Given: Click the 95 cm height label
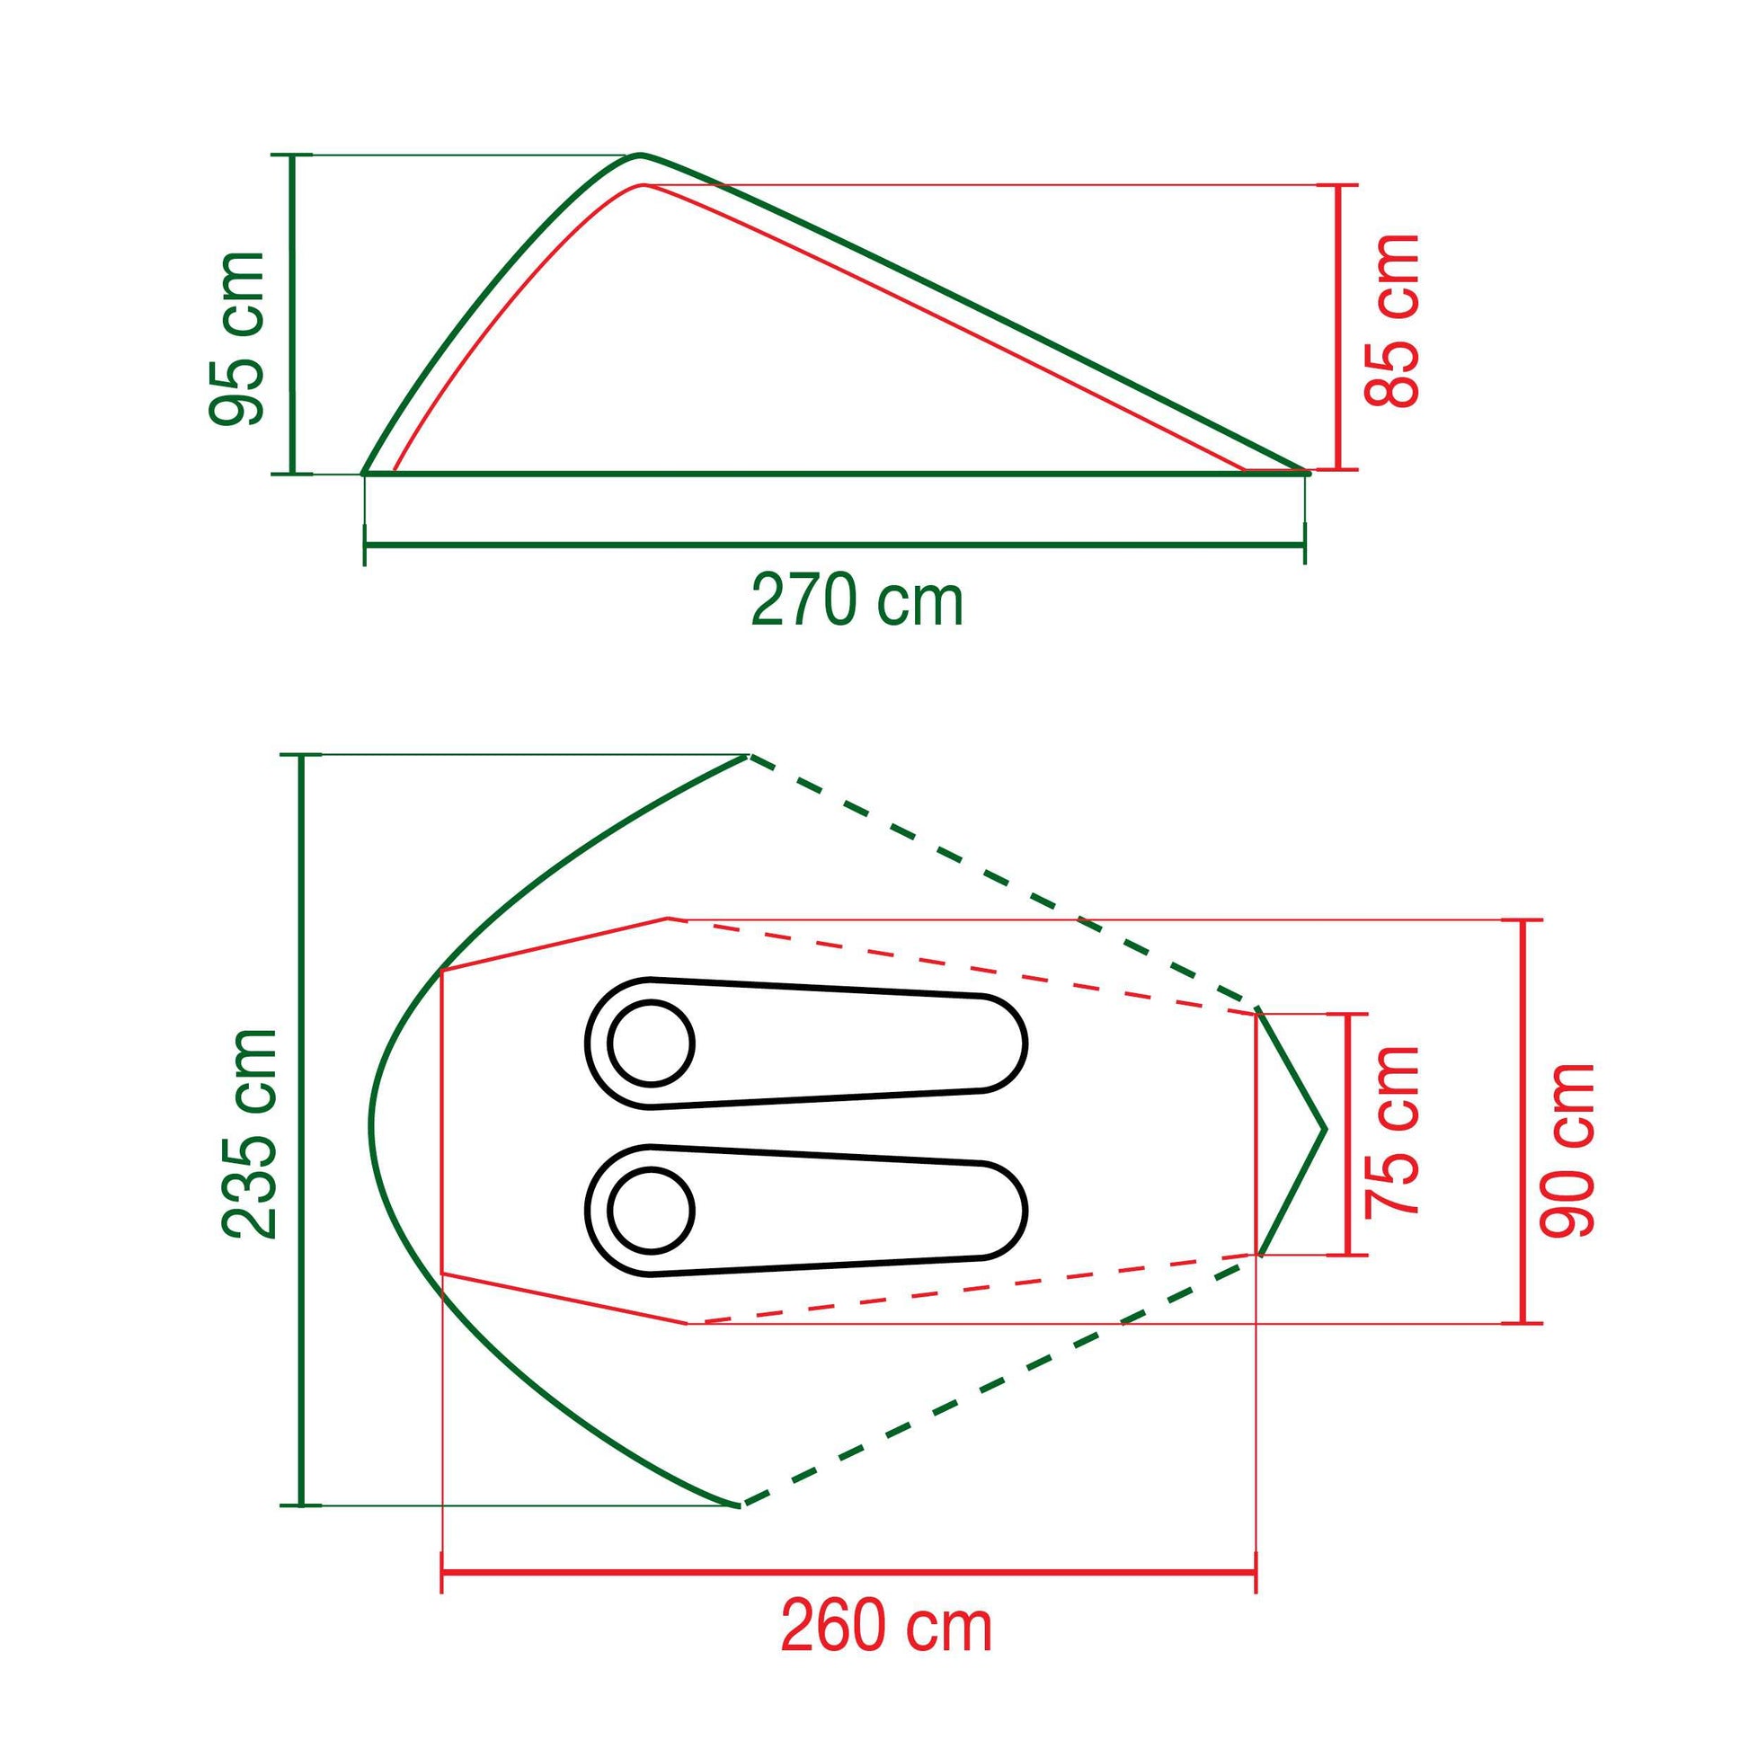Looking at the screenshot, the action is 237,339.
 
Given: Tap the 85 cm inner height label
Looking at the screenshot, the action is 1390,321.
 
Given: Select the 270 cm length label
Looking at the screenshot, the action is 857,601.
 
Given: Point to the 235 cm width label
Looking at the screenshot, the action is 250,1133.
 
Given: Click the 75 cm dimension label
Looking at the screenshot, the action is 1391,1131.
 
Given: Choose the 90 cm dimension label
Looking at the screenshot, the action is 1567,1150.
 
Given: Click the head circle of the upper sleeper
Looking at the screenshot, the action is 651,1043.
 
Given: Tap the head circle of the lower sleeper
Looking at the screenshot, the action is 651,1211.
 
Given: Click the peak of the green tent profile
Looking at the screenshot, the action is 641,155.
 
